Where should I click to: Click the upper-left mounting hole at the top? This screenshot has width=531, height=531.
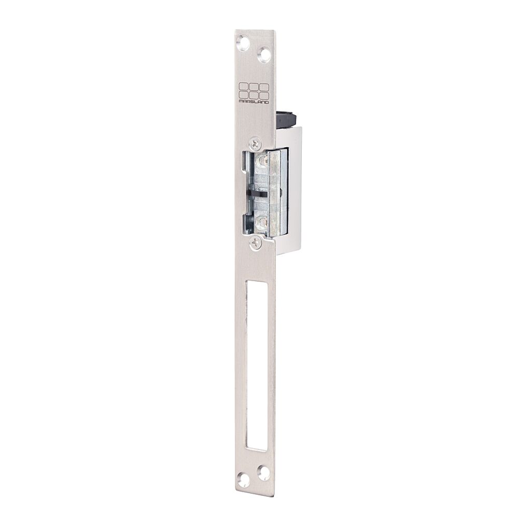(x=243, y=44)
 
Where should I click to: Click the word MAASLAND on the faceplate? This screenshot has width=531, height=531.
(x=254, y=101)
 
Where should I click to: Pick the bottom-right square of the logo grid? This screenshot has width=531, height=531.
(x=264, y=94)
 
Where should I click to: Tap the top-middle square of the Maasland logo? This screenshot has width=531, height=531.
(x=254, y=87)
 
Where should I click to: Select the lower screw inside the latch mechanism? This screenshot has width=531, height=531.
(x=261, y=222)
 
